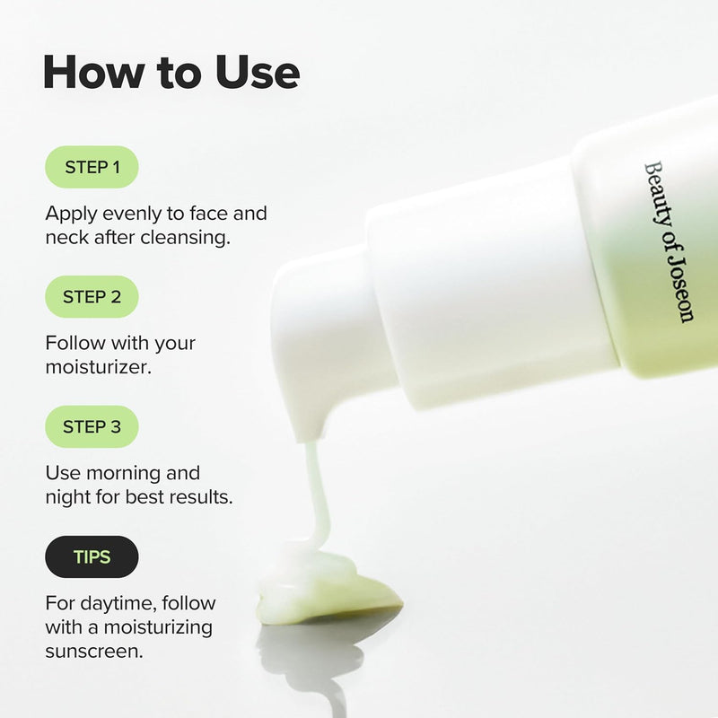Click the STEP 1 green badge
tap(92, 167)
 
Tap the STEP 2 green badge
tap(92, 297)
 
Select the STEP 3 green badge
tap(92, 427)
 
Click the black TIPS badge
tap(92, 557)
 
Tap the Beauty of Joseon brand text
tap(669, 241)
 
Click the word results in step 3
tap(200, 496)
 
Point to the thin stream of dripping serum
tap(315, 489)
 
